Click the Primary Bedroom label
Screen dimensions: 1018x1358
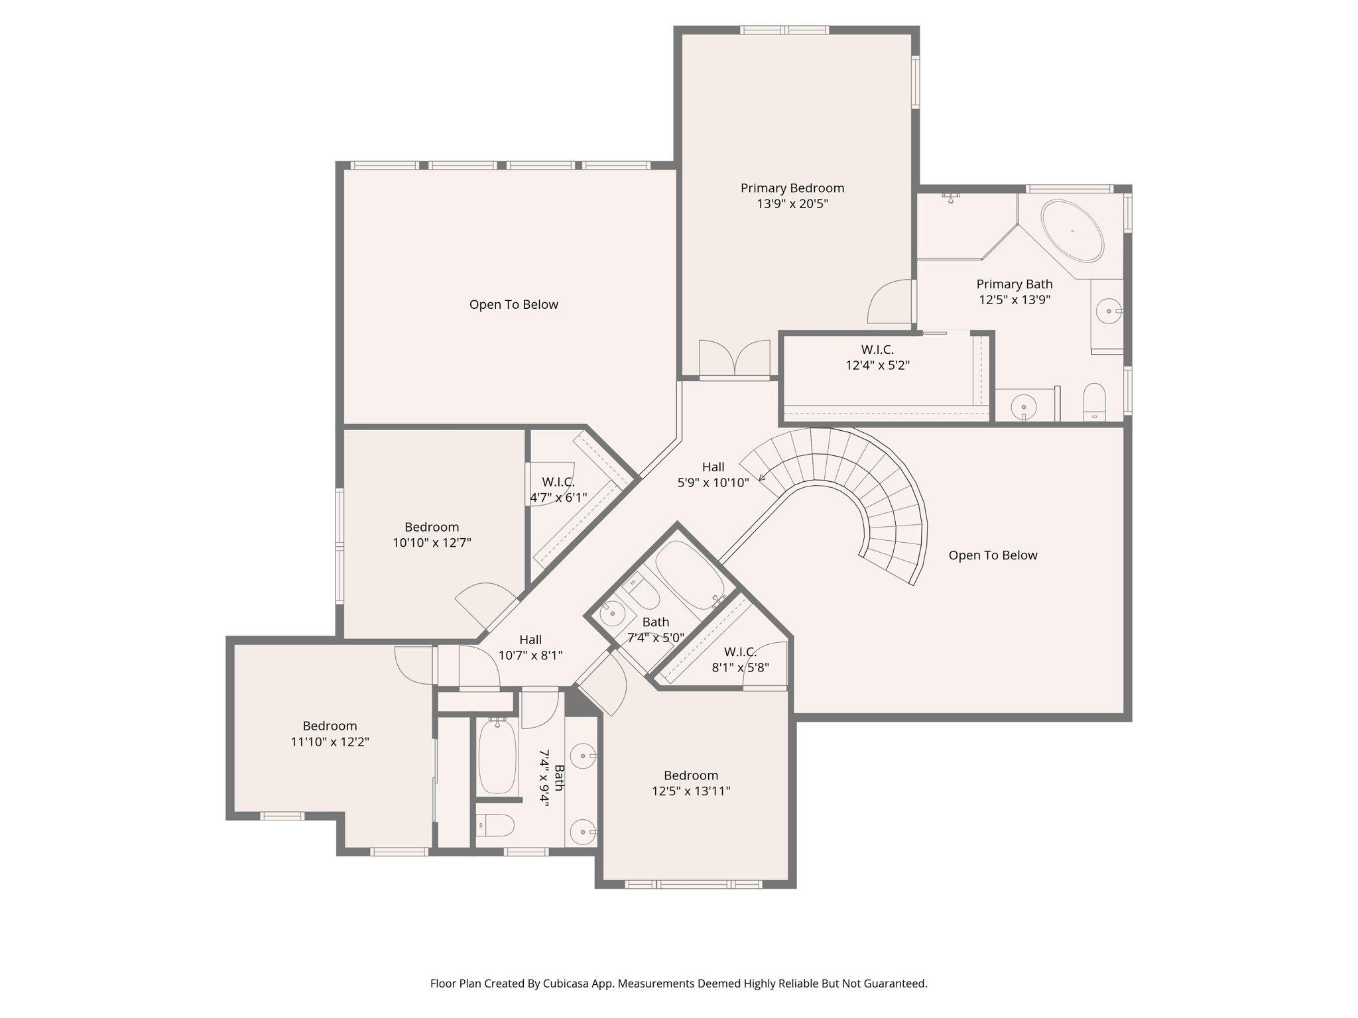pos(792,188)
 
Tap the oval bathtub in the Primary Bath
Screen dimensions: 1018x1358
pos(1072,231)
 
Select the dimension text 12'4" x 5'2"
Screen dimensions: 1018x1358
pos(877,365)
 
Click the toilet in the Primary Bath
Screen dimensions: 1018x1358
pos(1094,402)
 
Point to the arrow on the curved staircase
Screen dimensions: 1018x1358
pos(763,476)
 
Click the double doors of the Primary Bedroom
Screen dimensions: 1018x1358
pos(735,359)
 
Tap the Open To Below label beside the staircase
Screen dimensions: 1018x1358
pos(993,555)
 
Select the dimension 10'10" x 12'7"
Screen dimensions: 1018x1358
pos(432,543)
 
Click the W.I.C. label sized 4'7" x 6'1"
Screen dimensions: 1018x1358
pos(558,482)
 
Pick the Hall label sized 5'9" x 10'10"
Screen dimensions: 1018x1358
pos(713,467)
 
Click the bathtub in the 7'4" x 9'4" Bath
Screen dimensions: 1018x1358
pos(497,756)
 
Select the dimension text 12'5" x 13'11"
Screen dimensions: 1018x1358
pos(691,791)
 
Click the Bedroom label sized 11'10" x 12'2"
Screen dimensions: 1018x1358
pos(330,726)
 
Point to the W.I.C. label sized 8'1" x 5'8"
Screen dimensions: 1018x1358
pos(740,651)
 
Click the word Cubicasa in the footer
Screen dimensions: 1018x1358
pos(566,984)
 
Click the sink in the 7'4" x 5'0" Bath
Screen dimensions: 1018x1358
pos(612,614)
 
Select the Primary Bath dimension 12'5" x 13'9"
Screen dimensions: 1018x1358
pos(1015,300)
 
